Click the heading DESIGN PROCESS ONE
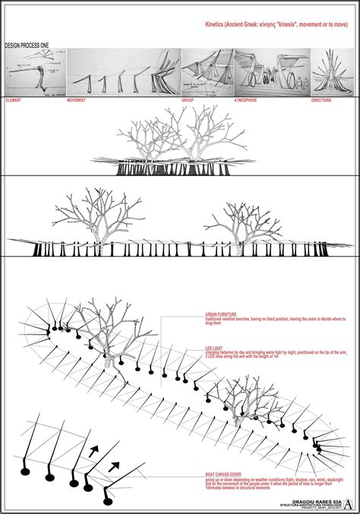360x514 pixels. (26, 46)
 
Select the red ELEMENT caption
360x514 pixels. (14, 100)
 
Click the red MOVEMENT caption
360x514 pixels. (77, 100)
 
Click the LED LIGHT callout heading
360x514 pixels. (217, 348)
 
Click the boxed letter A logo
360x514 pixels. (348, 502)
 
